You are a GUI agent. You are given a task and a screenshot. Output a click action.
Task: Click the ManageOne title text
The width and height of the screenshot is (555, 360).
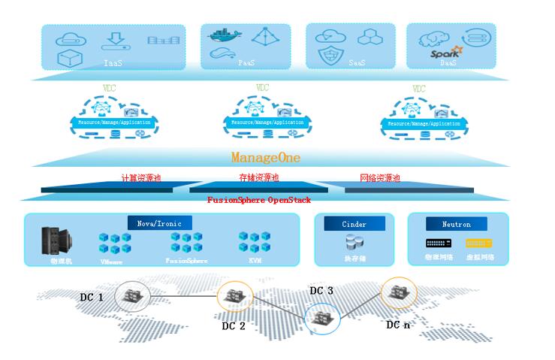(266, 158)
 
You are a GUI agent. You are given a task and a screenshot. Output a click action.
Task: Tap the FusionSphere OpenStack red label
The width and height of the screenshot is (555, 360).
(259, 201)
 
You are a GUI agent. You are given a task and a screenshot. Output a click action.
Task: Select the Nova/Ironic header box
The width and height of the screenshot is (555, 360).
(159, 223)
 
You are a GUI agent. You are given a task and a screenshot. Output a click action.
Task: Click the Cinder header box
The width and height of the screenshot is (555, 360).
(354, 224)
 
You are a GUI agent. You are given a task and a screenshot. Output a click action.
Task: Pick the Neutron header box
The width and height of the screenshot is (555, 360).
(457, 224)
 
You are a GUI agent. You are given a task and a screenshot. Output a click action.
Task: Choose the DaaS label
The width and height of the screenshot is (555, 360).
(448, 63)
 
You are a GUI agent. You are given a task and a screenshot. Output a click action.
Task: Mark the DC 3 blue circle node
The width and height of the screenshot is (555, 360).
(321, 318)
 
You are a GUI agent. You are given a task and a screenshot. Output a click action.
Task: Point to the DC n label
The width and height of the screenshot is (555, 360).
(398, 325)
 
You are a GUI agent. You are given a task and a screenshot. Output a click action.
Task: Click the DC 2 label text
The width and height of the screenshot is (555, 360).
(234, 325)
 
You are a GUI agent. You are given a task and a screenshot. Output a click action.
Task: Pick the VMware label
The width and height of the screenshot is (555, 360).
(112, 262)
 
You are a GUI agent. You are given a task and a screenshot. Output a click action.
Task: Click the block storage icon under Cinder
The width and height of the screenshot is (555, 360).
(354, 243)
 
